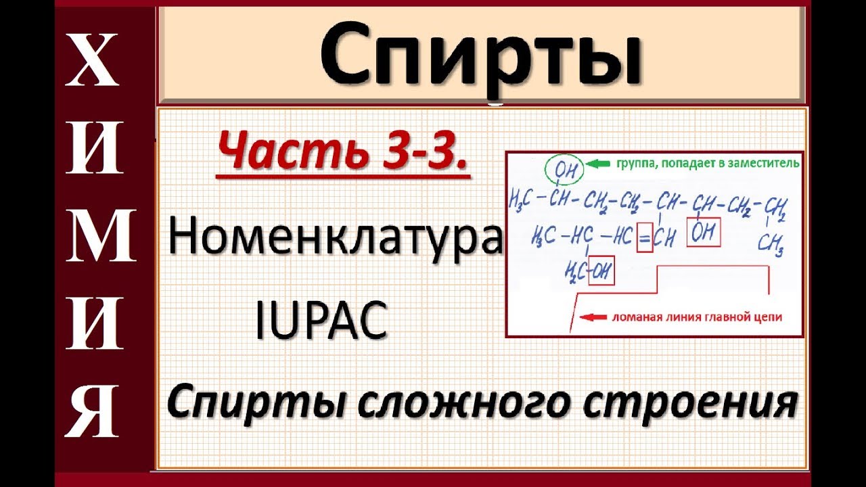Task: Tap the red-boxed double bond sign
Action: (645, 237)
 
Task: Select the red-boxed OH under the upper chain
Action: (703, 233)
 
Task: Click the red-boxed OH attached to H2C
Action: (601, 273)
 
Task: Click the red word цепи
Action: (769, 315)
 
